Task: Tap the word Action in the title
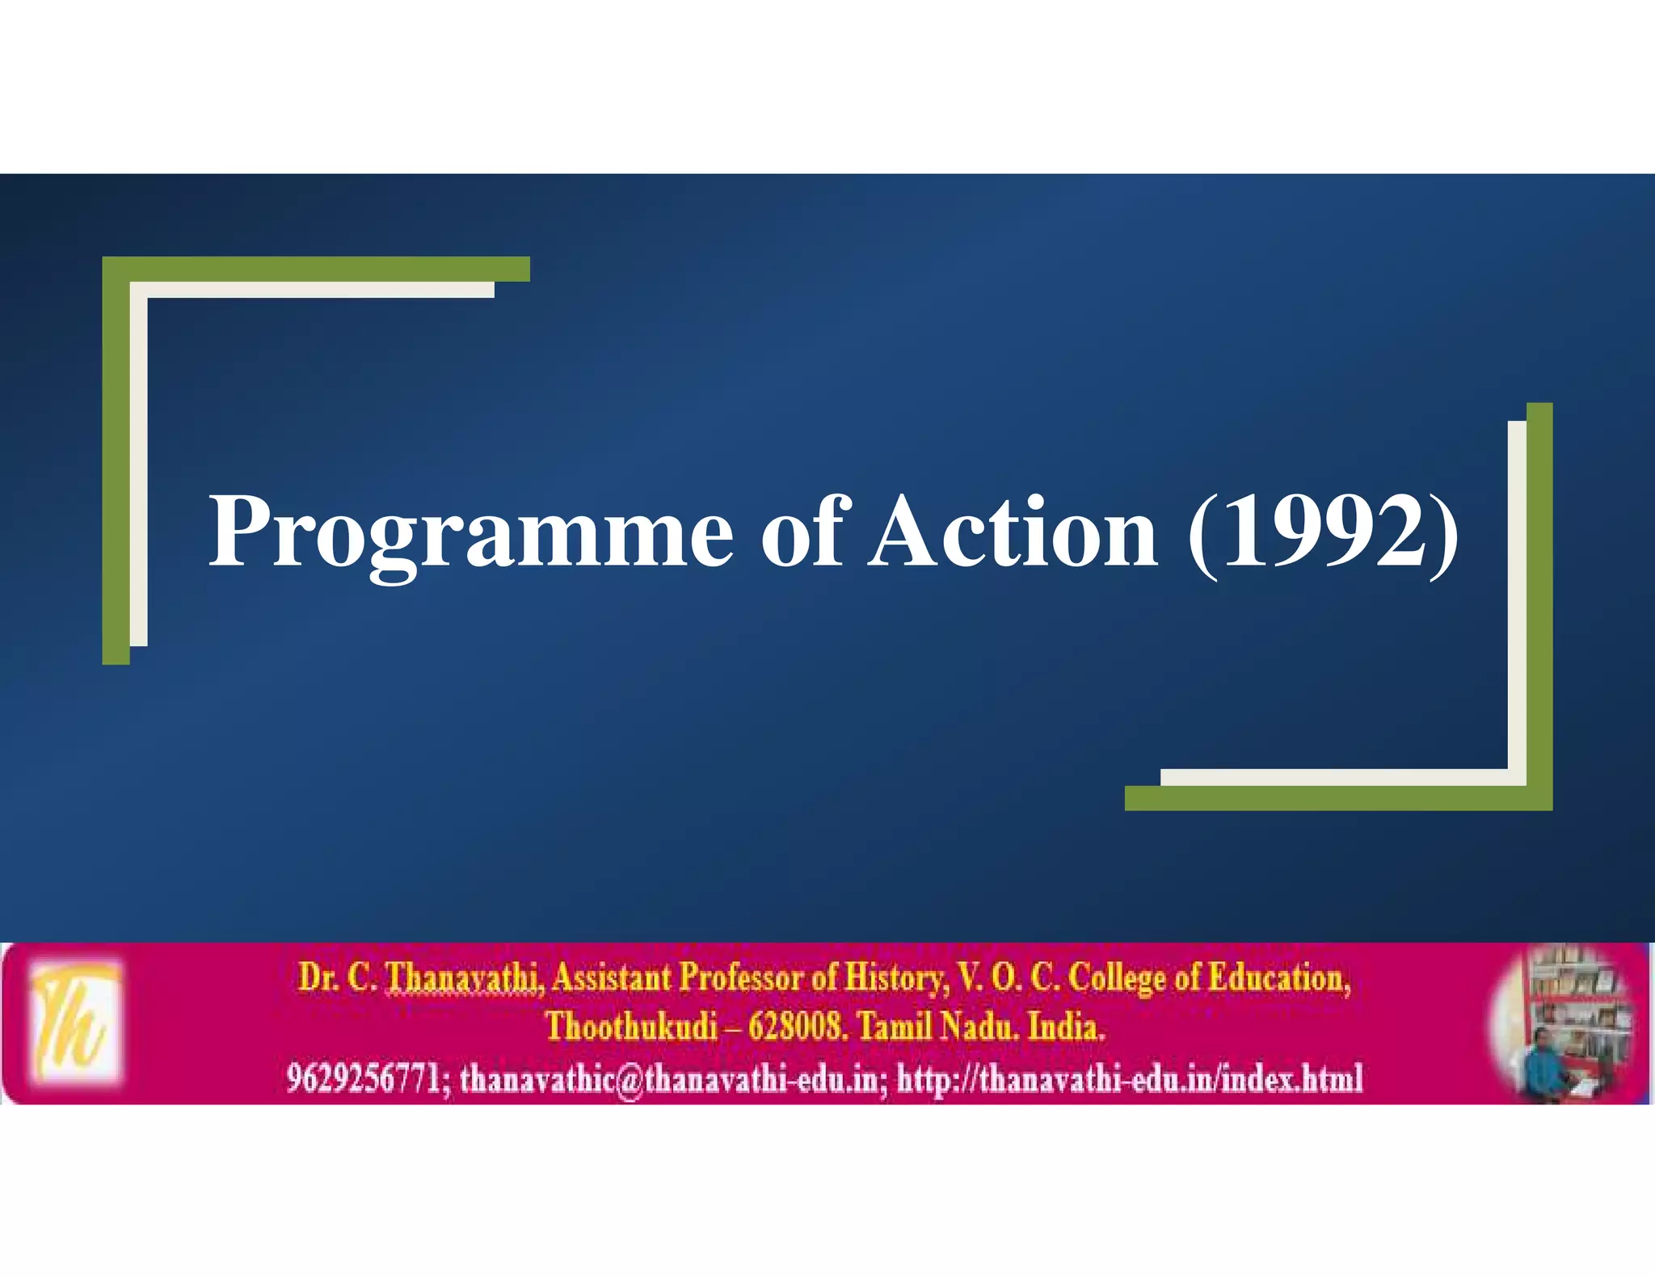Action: tap(1013, 533)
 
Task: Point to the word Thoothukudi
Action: tap(631, 1027)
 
